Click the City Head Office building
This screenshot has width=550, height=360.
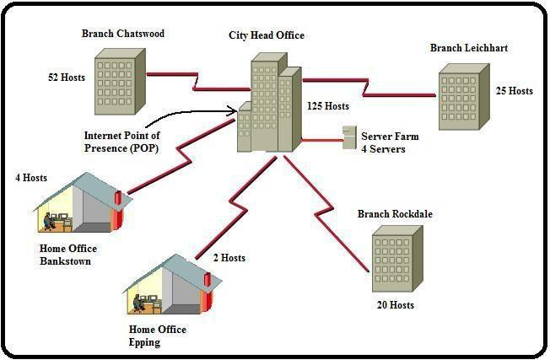pyautogui.click(x=269, y=105)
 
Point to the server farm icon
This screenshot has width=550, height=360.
pyautogui.click(x=348, y=137)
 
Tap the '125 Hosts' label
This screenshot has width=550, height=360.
pyautogui.click(x=326, y=106)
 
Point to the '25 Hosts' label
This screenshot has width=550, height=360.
pyautogui.click(x=514, y=90)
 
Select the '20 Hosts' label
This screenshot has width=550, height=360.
pyautogui.click(x=395, y=305)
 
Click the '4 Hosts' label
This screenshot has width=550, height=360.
pyautogui.click(x=31, y=178)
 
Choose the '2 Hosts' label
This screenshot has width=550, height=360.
pyautogui.click(x=229, y=258)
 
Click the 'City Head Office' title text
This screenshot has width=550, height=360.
pyautogui.click(x=267, y=35)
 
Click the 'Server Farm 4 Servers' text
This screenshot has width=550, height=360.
pyautogui.click(x=389, y=142)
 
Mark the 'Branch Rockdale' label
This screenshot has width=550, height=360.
pyautogui.click(x=395, y=214)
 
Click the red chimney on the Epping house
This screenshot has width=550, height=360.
pyautogui.click(x=208, y=279)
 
